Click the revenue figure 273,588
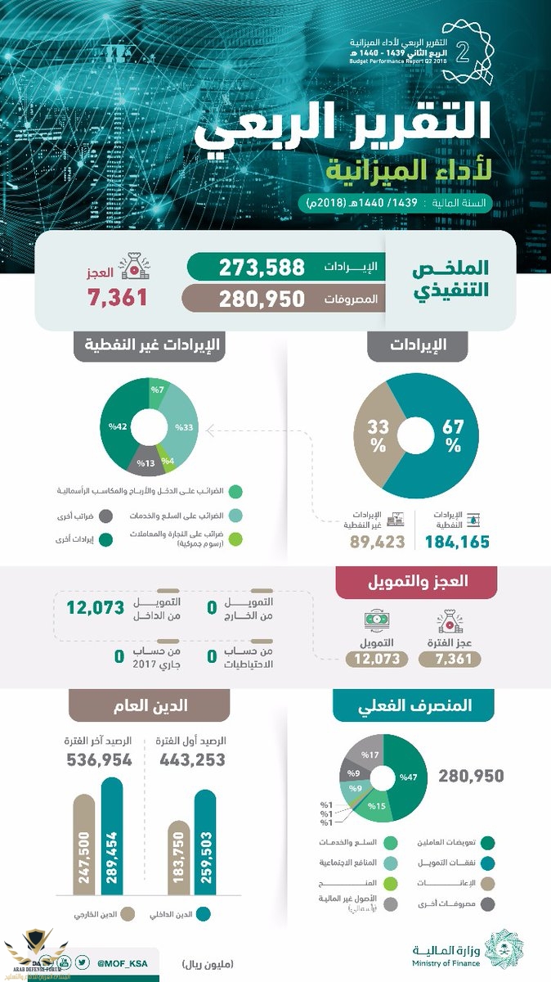(x=262, y=267)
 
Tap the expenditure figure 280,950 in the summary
(x=262, y=299)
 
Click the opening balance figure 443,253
(x=190, y=760)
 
